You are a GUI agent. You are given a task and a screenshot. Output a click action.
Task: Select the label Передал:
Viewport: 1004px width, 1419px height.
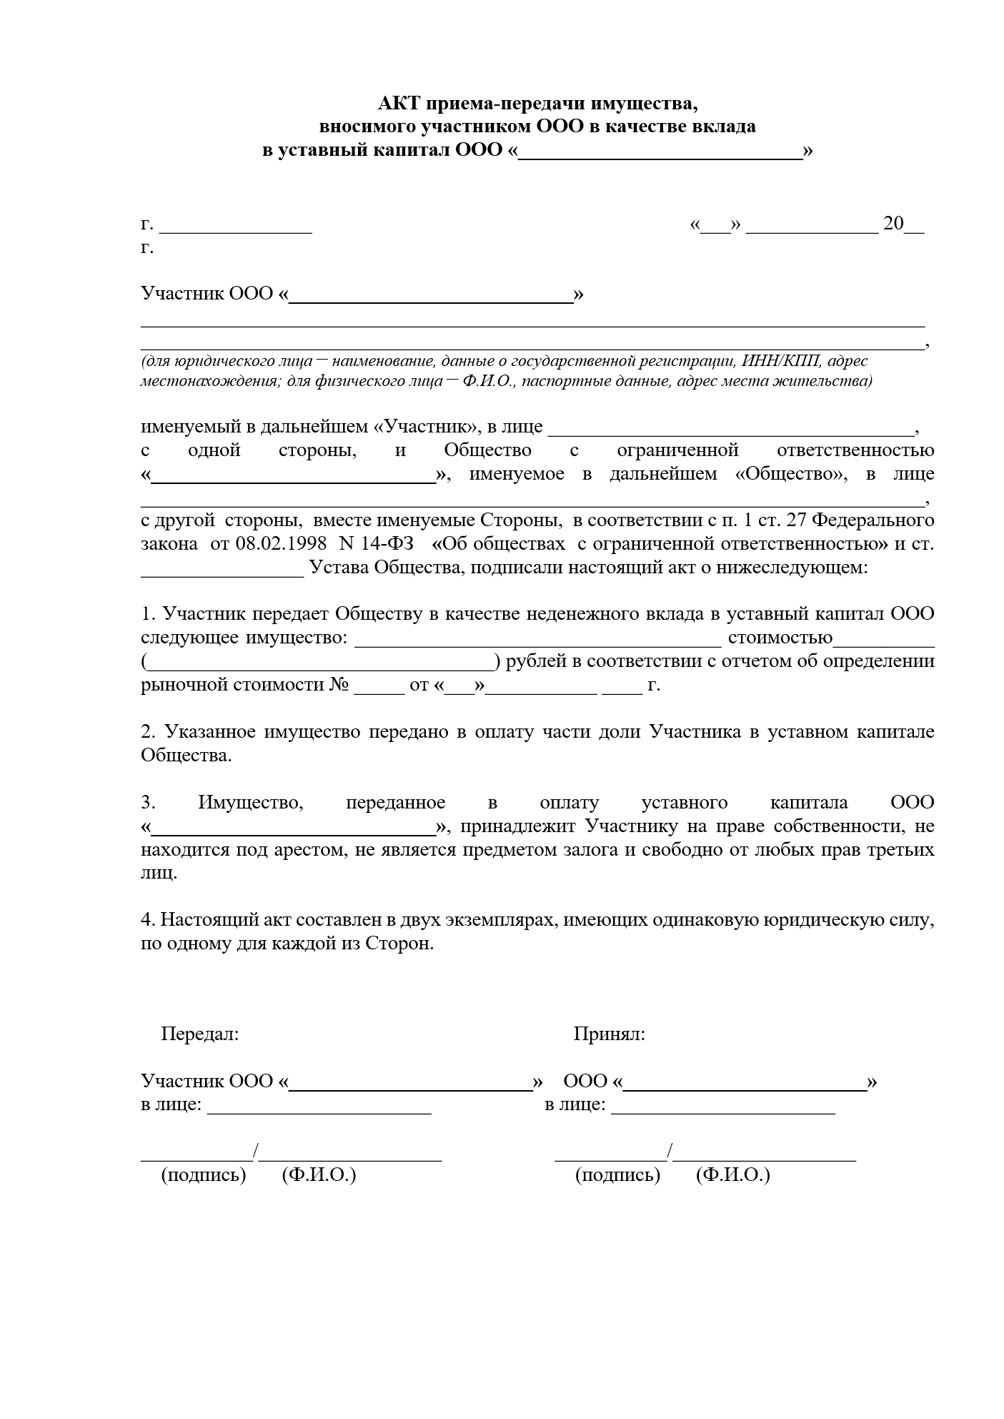(x=199, y=1034)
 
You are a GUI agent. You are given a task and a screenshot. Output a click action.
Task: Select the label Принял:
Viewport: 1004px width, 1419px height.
(x=609, y=1034)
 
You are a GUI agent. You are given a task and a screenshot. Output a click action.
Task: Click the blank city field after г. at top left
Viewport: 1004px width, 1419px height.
(x=235, y=226)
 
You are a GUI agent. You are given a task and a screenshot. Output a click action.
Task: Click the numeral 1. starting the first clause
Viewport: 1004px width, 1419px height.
(x=148, y=613)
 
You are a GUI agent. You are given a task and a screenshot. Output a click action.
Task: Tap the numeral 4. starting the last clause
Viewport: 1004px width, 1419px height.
(x=148, y=919)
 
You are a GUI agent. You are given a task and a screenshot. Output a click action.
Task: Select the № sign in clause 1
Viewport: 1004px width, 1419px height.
(x=338, y=684)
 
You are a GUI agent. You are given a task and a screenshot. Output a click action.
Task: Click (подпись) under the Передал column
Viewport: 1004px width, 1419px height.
(x=204, y=1175)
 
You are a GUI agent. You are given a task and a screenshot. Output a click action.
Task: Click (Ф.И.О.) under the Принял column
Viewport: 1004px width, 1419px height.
(x=732, y=1175)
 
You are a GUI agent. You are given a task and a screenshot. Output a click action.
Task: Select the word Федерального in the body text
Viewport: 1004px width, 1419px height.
(x=874, y=519)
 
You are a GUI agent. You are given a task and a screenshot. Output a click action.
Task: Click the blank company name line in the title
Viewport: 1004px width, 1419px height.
(x=659, y=152)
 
